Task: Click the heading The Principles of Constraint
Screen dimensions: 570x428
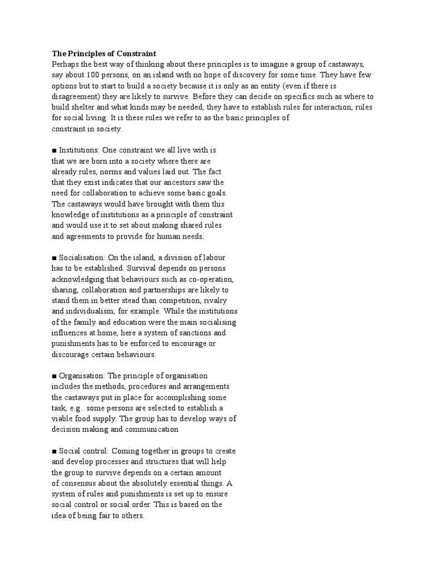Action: [104, 54]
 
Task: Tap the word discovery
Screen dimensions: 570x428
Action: [254, 75]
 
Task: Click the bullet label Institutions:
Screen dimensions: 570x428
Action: [79, 150]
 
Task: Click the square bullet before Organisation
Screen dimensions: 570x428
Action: [54, 376]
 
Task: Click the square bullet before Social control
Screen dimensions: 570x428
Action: [54, 451]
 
